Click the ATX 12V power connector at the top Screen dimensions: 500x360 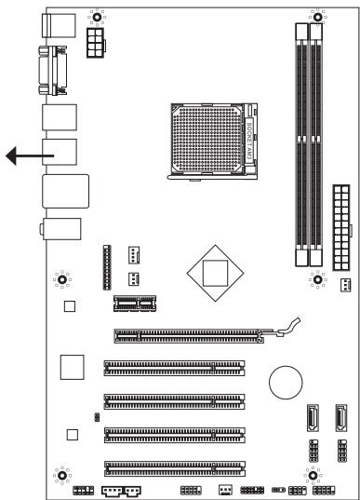click(96, 42)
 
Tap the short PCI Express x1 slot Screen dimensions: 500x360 click(136, 302)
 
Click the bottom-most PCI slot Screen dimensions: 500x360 click(175, 466)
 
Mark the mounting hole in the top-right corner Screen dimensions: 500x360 click(317, 16)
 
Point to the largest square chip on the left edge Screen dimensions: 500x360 click(72, 367)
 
